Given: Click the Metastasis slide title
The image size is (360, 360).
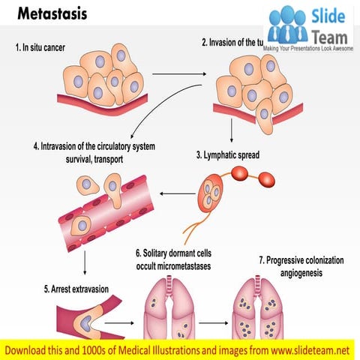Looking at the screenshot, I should point(52,15).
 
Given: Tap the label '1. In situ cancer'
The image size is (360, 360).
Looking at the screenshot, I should point(51,47).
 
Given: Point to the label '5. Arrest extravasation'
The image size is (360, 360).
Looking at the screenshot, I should point(65,289).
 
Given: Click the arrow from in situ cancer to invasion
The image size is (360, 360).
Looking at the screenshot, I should point(180,74).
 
